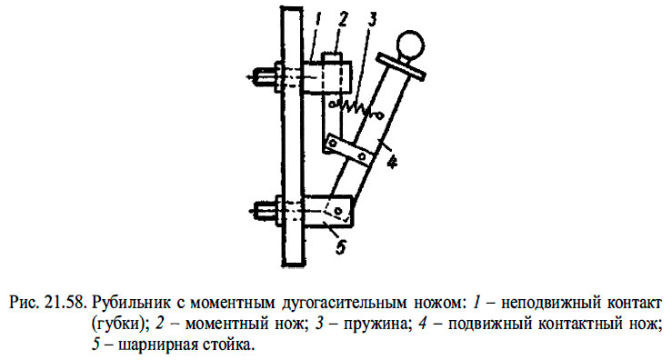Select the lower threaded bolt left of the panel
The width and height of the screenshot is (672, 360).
click(266, 211)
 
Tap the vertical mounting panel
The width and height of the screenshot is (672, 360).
click(291, 136)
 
